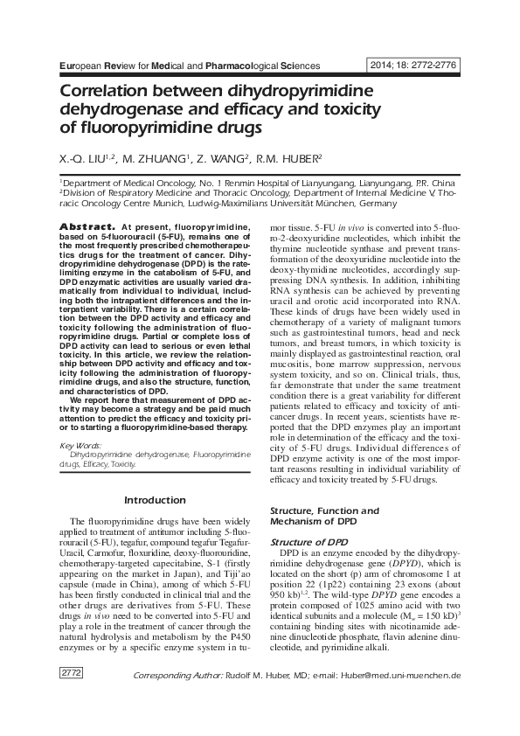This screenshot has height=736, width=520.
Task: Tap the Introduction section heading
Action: tap(155, 500)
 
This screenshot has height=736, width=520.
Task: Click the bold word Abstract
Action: tap(85, 227)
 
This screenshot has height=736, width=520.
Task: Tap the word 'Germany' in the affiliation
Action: tap(378, 203)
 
